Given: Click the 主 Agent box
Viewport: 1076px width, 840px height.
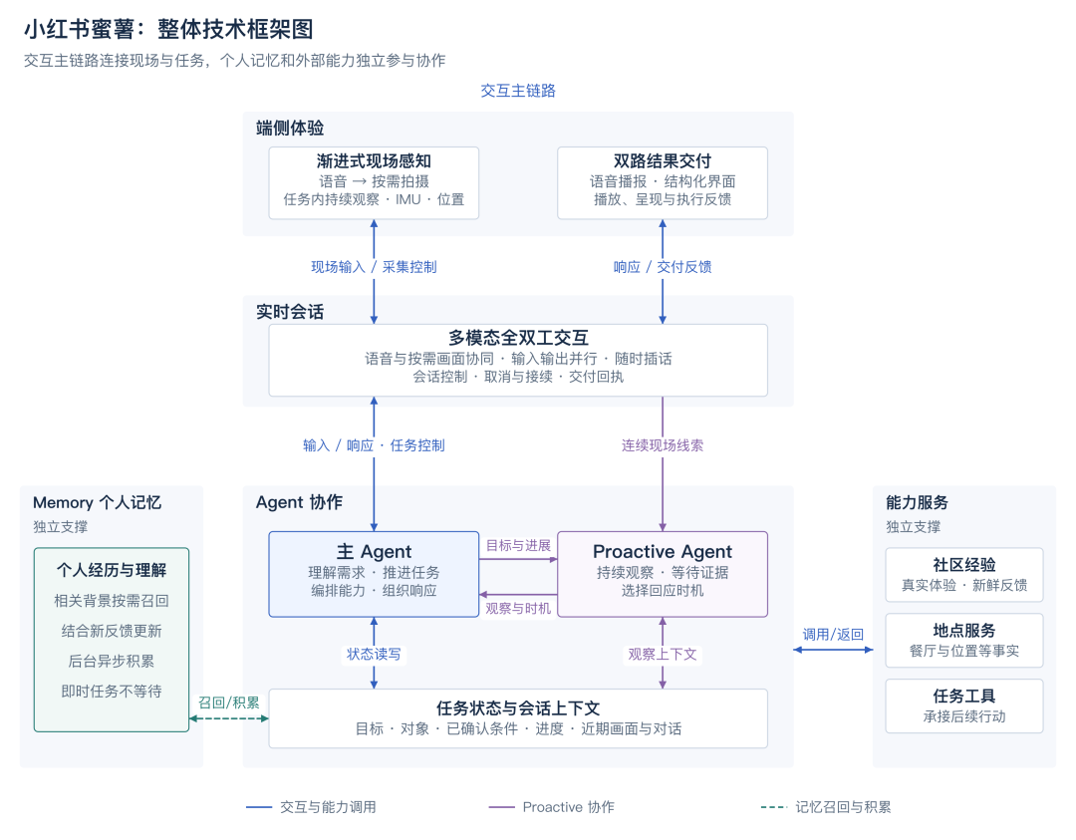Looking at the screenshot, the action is pos(374,574).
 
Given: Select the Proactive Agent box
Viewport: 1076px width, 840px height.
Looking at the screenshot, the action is pos(663,574).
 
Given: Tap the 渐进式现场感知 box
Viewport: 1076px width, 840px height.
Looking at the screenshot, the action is pos(374,182).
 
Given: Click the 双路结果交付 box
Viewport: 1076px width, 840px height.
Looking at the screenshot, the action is pos(663,182).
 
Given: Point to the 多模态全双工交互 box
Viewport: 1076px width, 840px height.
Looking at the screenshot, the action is pos(518,361).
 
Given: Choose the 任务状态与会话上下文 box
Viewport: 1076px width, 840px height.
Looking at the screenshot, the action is pos(518,718).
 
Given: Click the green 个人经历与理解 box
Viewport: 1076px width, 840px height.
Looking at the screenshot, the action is pos(112,640).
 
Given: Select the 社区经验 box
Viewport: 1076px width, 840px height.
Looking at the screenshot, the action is pos(964,574).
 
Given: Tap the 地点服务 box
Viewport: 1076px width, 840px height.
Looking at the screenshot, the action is pos(964,641).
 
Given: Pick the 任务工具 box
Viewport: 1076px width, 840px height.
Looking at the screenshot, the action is pos(964,706).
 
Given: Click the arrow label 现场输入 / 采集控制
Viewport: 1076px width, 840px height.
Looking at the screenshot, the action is pos(374,267).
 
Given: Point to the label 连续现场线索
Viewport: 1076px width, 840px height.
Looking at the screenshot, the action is pos(663,445).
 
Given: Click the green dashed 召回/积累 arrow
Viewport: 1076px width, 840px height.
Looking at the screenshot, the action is pos(228,718).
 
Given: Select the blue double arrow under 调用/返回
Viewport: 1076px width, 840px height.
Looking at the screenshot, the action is pos(833,650).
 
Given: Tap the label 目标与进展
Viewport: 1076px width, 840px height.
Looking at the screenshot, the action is pos(518,546).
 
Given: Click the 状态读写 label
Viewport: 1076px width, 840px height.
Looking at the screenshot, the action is pos(374,654).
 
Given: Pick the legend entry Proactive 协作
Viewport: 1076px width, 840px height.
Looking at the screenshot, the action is pos(551,807).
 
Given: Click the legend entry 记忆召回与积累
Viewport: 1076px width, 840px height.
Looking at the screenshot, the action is pos(826,807).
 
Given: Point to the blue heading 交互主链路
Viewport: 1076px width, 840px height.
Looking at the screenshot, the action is pos(518,91).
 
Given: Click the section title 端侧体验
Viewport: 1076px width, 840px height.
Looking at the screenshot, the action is pos(290,129).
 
